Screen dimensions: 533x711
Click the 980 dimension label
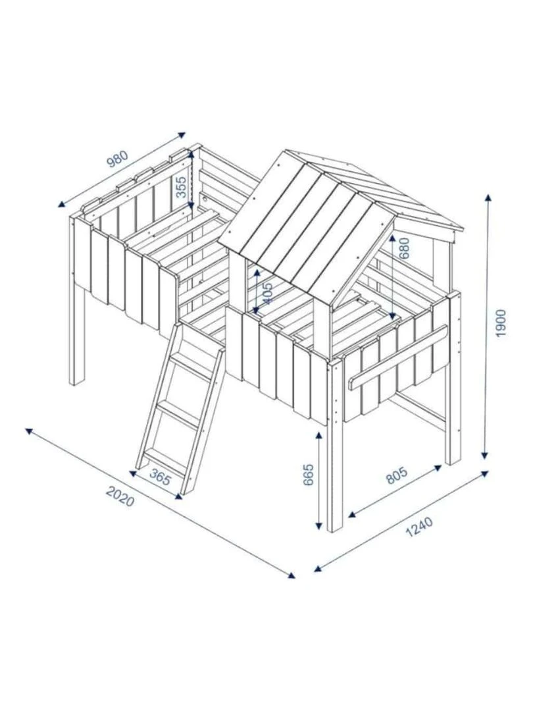pos(117,158)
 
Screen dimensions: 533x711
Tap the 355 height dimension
pos(181,187)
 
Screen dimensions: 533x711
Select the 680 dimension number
pos(404,248)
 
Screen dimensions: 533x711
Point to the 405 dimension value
pos(268,293)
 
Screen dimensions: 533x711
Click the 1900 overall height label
pos(500,323)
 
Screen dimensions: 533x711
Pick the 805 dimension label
pos(397,475)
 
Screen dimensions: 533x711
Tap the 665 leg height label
pos(308,475)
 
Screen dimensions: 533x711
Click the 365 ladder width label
pos(160,477)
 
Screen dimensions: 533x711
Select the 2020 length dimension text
pos(120,496)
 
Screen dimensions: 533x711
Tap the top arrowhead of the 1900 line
pos(488,197)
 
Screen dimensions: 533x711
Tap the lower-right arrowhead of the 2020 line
pos(292,575)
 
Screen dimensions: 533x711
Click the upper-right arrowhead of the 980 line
pos(182,134)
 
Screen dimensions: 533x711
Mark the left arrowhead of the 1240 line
pos(318,569)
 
